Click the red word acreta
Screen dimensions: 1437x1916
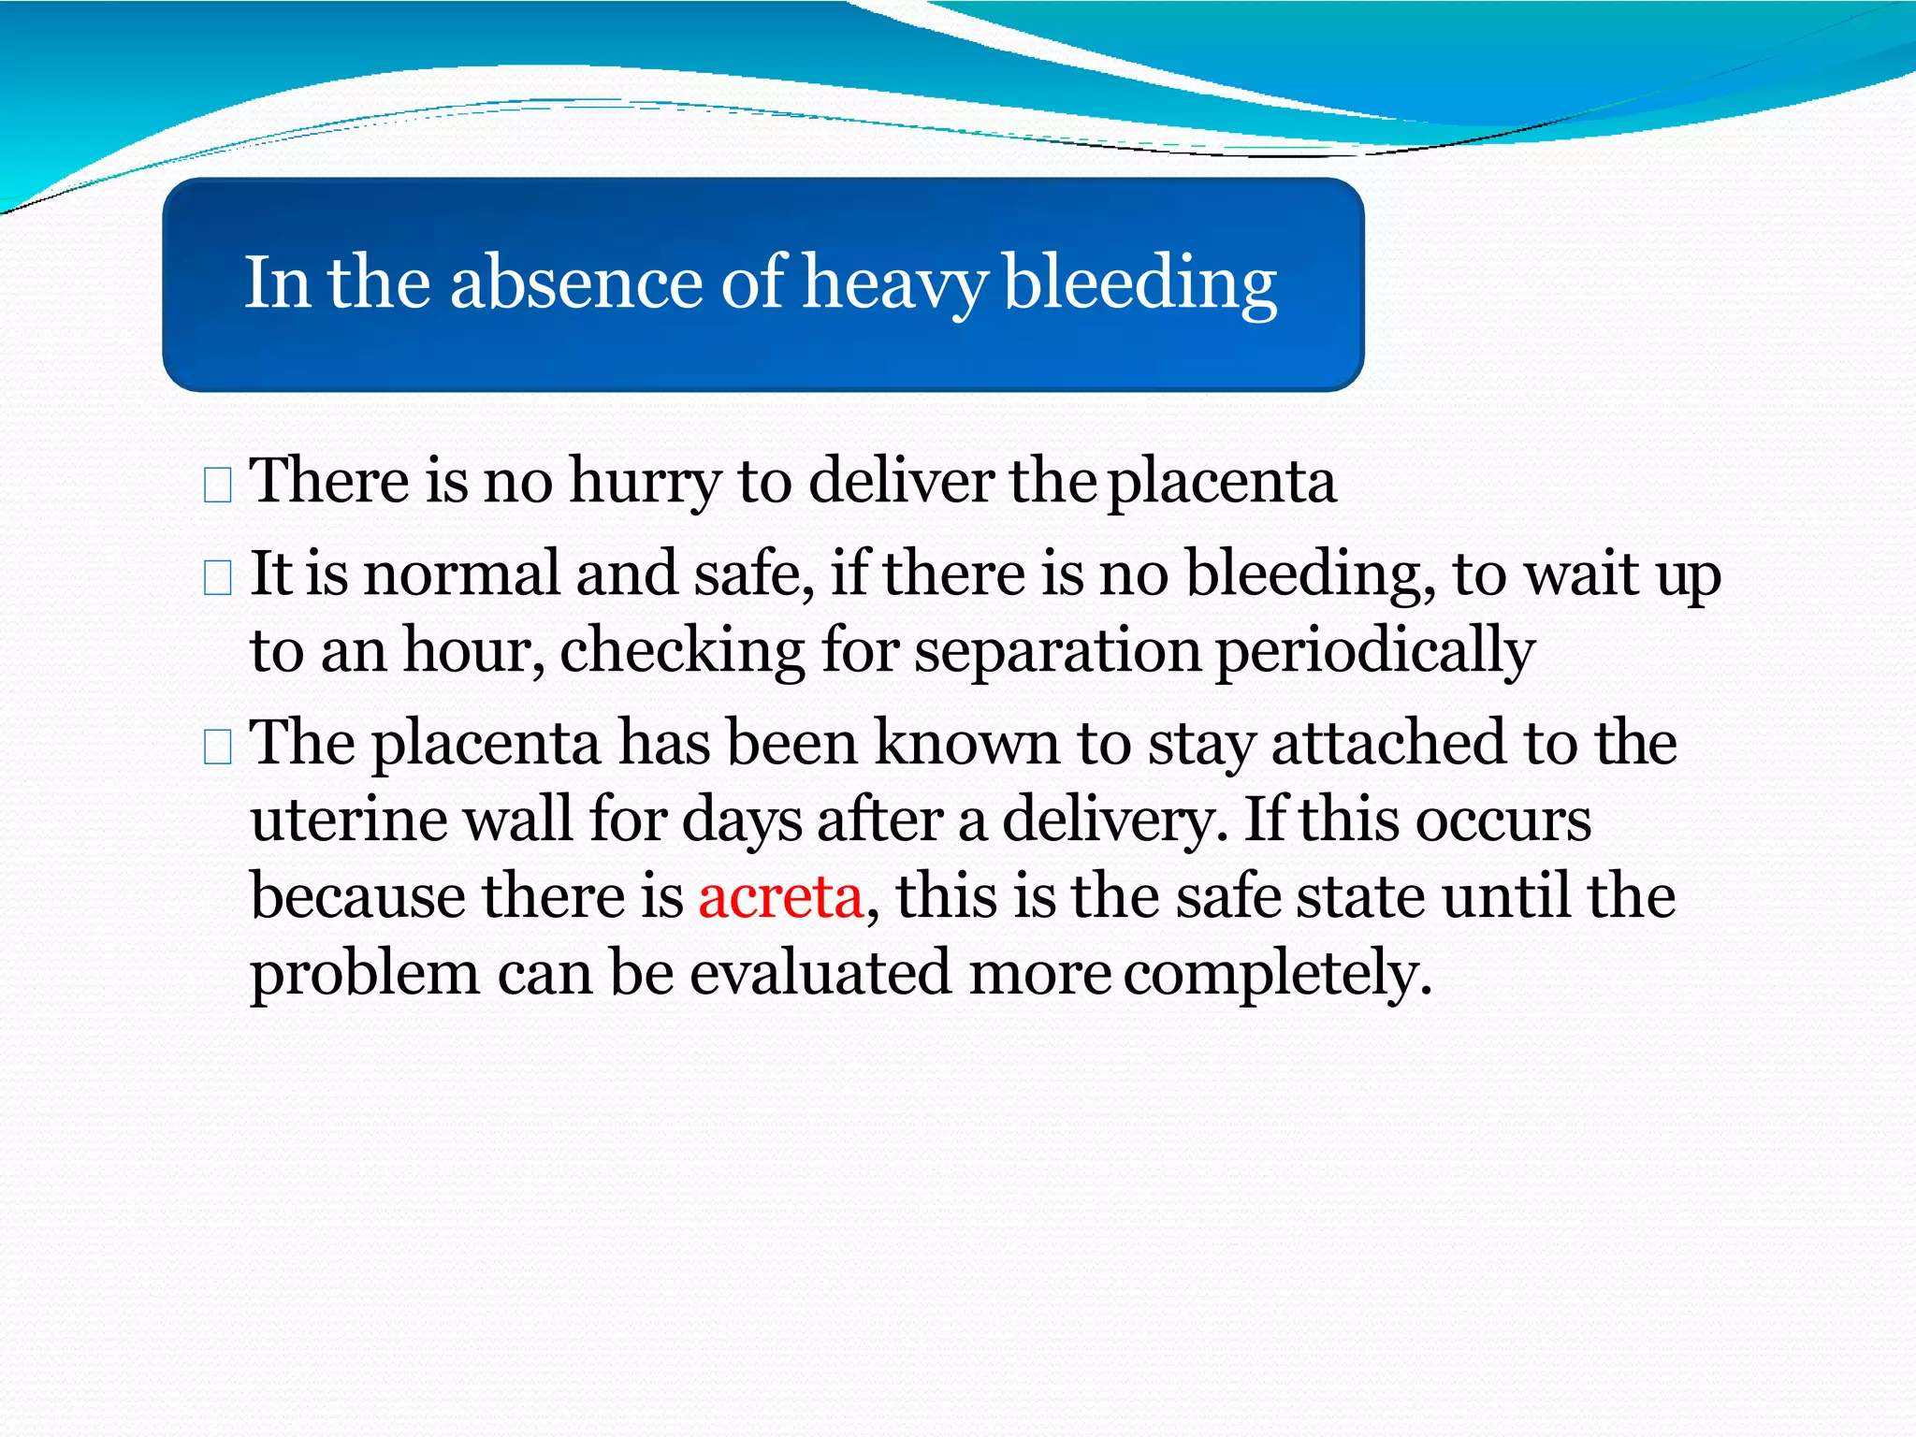tap(780, 896)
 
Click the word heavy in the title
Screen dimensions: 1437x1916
tap(894, 283)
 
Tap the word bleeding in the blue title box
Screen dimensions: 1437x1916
tap(1139, 283)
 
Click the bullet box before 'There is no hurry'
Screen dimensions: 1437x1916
tap(217, 486)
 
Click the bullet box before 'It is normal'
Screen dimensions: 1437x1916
tap(217, 578)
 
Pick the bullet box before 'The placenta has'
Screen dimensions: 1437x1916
tap(217, 748)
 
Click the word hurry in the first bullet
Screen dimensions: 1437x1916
tap(645, 483)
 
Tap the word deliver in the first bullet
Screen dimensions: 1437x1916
tap(900, 481)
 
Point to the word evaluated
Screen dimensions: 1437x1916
tap(820, 973)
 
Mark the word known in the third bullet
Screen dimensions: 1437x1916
tap(966, 744)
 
